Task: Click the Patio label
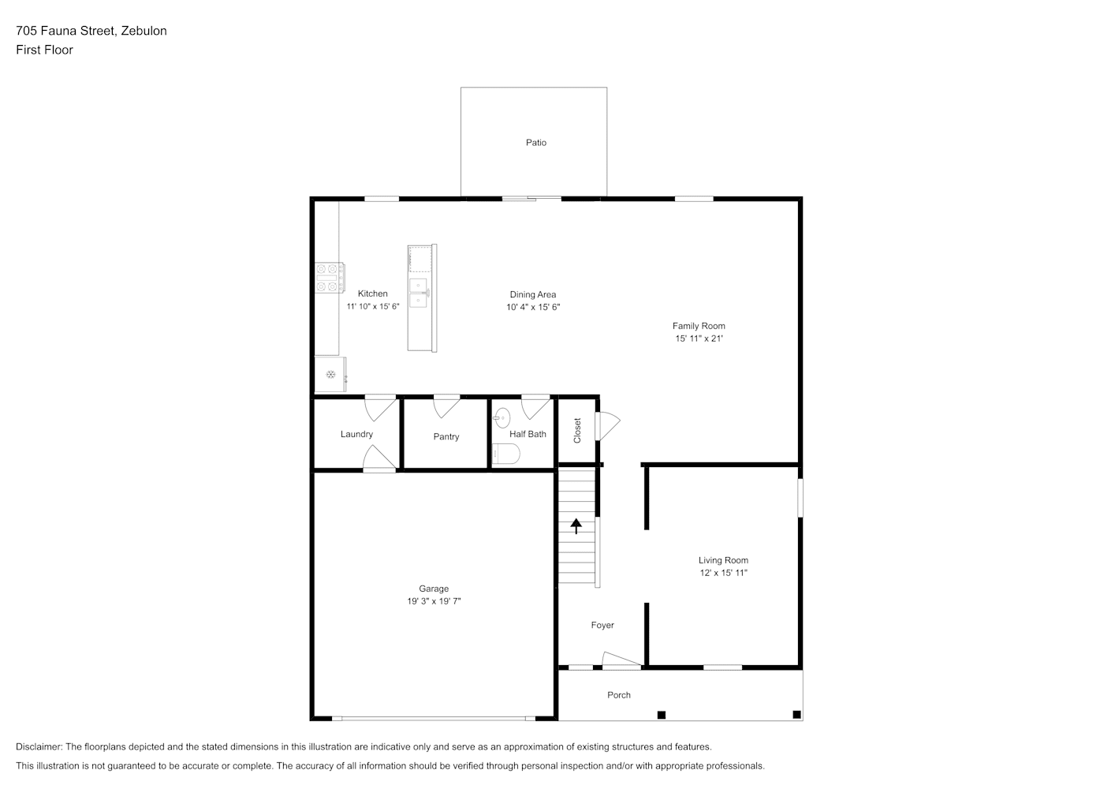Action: [x=536, y=143]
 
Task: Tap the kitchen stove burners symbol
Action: [x=330, y=278]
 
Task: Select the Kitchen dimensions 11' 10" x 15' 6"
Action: [x=373, y=306]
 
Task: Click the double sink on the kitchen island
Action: [x=419, y=293]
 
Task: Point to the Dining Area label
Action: [x=532, y=294]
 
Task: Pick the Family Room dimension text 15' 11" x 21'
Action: [x=699, y=338]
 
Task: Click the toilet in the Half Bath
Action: [x=506, y=454]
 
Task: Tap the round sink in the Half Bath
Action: [x=502, y=418]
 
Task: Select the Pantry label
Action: [x=446, y=437]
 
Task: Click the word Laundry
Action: [x=356, y=435]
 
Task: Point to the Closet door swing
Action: [x=608, y=426]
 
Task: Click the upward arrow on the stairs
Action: [x=576, y=526]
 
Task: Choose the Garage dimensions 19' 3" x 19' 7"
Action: [x=434, y=601]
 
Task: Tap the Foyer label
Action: [x=602, y=625]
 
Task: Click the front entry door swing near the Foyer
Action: [x=621, y=659]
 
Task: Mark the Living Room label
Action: [x=723, y=560]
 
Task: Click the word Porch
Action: [x=619, y=695]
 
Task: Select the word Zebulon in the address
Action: [x=144, y=31]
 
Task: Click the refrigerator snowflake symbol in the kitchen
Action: [x=330, y=375]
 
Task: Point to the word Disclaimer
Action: [x=39, y=746]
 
